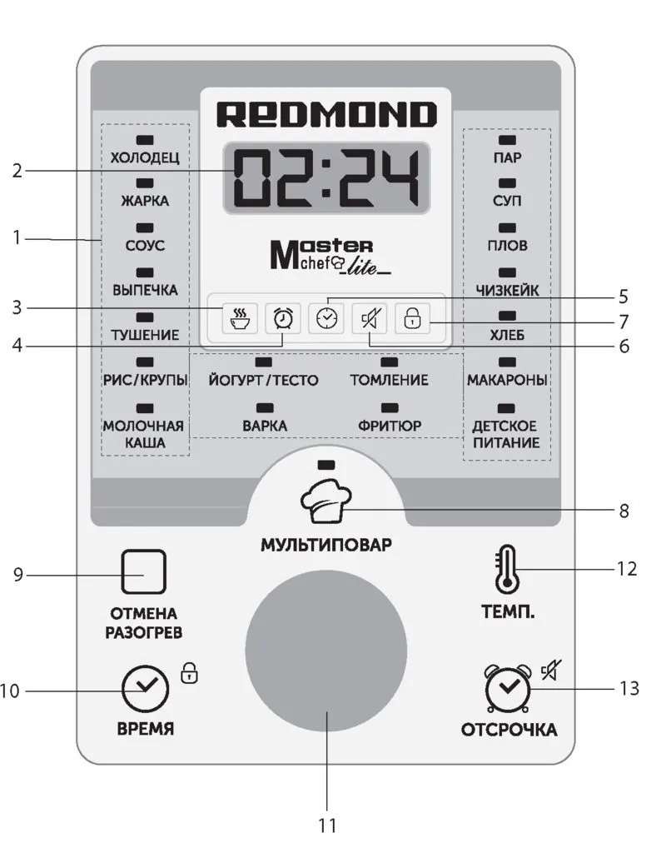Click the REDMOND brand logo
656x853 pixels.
click(x=326, y=114)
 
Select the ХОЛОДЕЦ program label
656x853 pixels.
click(x=144, y=157)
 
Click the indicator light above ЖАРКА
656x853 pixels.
click(x=144, y=182)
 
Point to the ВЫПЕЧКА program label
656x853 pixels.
click(x=144, y=291)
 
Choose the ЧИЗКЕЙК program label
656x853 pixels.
click(x=507, y=291)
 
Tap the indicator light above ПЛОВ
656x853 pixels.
click(x=507, y=227)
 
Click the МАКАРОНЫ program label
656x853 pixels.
click(x=507, y=380)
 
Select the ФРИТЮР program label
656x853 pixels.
click(x=390, y=426)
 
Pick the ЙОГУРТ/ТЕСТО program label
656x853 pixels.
click(x=264, y=380)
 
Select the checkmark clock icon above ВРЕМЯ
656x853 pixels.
click(x=145, y=688)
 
